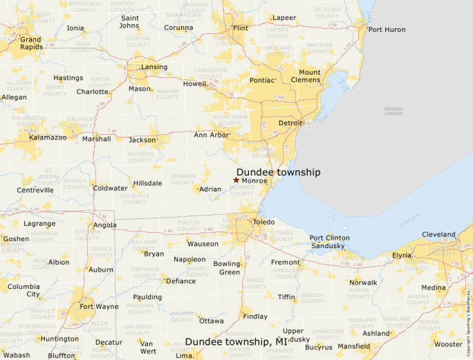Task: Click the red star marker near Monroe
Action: (x=236, y=180)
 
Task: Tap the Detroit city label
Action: (x=290, y=123)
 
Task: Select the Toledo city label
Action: (x=263, y=222)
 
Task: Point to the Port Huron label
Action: (x=387, y=29)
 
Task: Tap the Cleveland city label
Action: (x=438, y=234)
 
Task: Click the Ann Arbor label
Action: (x=210, y=135)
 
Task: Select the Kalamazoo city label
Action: (x=48, y=138)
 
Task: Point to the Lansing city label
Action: (x=154, y=67)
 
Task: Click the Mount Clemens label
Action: (x=309, y=76)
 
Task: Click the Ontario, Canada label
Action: (x=393, y=111)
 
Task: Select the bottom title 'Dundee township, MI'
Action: (x=236, y=342)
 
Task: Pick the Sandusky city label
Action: (x=328, y=246)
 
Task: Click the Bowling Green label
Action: (x=226, y=268)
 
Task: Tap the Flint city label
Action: (x=241, y=28)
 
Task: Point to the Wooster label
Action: (x=448, y=344)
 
